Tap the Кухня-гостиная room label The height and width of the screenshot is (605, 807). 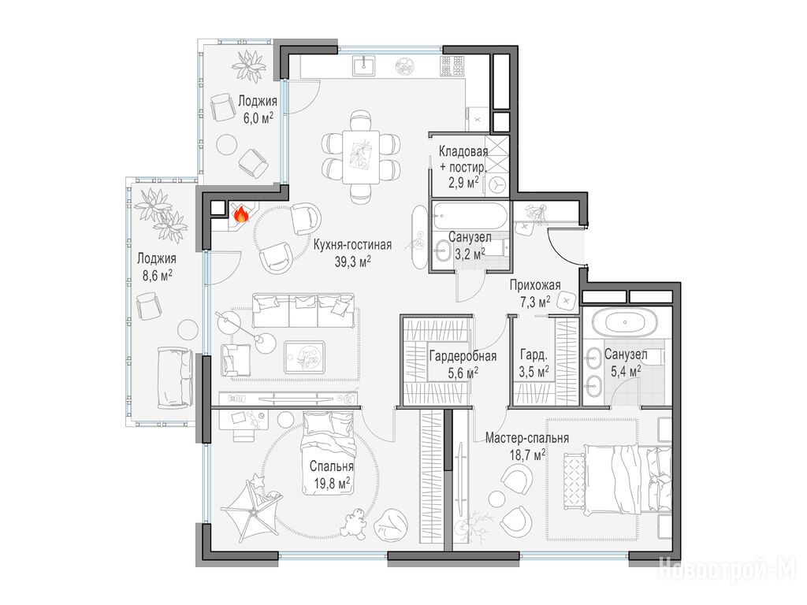352,244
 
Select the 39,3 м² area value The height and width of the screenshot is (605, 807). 353,262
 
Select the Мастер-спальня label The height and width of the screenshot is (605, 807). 527,438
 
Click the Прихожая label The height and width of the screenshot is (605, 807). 535,284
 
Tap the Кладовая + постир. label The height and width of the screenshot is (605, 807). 463,159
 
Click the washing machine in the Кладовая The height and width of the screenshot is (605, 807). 497,184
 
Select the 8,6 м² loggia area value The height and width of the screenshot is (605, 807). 157,276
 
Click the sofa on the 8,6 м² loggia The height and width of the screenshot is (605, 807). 174,377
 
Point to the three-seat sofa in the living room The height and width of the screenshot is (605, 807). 303,310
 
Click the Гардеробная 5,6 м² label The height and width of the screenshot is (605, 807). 463,364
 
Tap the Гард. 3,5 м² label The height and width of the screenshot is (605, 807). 534,362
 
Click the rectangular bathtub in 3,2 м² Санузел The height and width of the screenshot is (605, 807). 470,216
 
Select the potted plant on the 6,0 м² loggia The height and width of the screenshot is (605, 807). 249,65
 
